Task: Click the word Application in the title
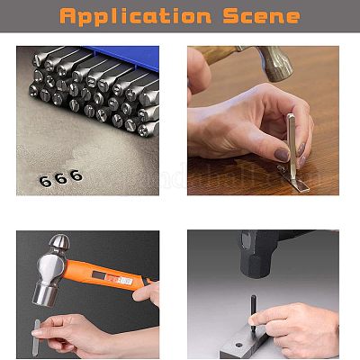click(136, 15)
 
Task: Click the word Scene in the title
click(261, 16)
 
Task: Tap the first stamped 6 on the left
click(46, 181)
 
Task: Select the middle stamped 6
click(61, 178)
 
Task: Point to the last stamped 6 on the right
click(76, 175)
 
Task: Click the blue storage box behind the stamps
click(126, 57)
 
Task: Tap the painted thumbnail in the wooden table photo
click(282, 155)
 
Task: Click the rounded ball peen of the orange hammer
click(59, 244)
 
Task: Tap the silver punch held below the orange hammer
click(36, 337)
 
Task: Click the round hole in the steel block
click(239, 345)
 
